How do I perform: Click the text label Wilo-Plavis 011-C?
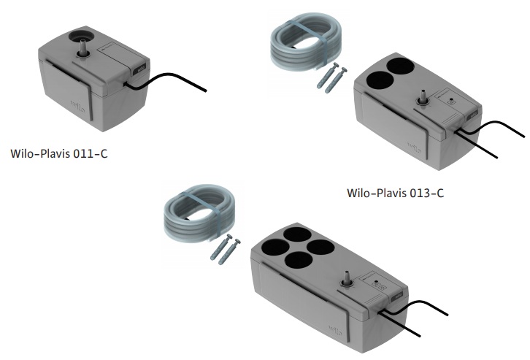(59, 153)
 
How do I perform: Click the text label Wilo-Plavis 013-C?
(396, 193)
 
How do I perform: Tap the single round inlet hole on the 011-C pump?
(82, 37)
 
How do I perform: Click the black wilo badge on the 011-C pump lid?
(142, 69)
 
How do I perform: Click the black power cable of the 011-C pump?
(165, 81)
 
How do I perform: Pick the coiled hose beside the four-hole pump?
(199, 213)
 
